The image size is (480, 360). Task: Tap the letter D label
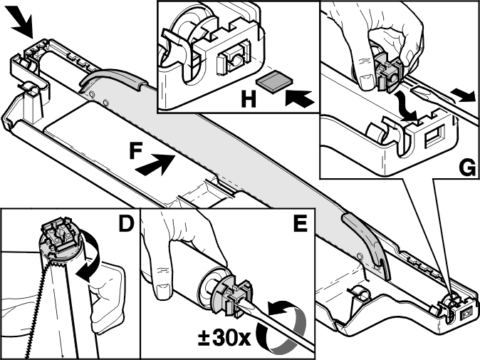click(127, 224)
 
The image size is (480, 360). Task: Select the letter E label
click(300, 224)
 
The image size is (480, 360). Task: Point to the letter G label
click(467, 168)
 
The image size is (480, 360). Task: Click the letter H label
click(249, 99)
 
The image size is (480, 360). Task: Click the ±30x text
click(224, 338)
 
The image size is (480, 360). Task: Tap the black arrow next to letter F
click(155, 165)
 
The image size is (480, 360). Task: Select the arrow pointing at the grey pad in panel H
click(300, 98)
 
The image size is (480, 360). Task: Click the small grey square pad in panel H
click(275, 81)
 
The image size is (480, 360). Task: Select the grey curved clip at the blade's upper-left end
click(112, 80)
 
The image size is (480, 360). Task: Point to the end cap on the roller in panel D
click(61, 242)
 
